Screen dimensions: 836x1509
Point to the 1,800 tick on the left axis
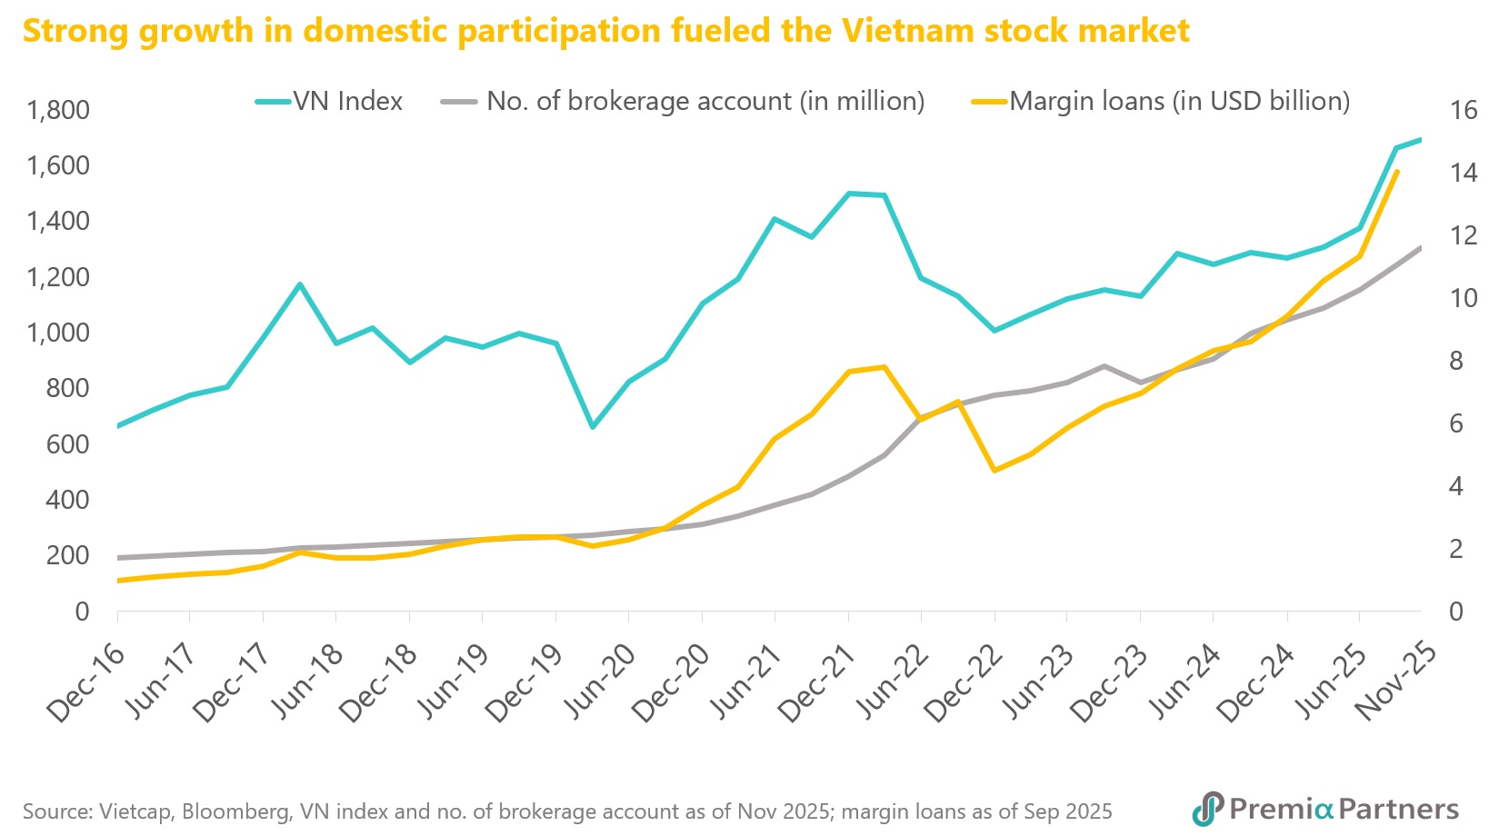pos(58,111)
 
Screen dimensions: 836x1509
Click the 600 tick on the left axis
pos(68,444)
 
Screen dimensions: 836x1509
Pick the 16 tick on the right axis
pos(1464,111)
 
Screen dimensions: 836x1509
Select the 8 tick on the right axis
pos(1456,362)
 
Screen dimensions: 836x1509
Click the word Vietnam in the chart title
pos(910,31)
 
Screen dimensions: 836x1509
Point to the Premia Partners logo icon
pos(1208,809)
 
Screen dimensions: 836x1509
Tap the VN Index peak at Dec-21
pos(848,193)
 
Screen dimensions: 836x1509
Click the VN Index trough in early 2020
pos(593,427)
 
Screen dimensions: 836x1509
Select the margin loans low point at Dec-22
pos(994,471)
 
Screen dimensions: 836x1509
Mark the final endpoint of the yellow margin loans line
pos(1396,172)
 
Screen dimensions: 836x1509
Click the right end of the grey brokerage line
pos(1421,247)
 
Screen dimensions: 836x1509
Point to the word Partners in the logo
pos(1399,809)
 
